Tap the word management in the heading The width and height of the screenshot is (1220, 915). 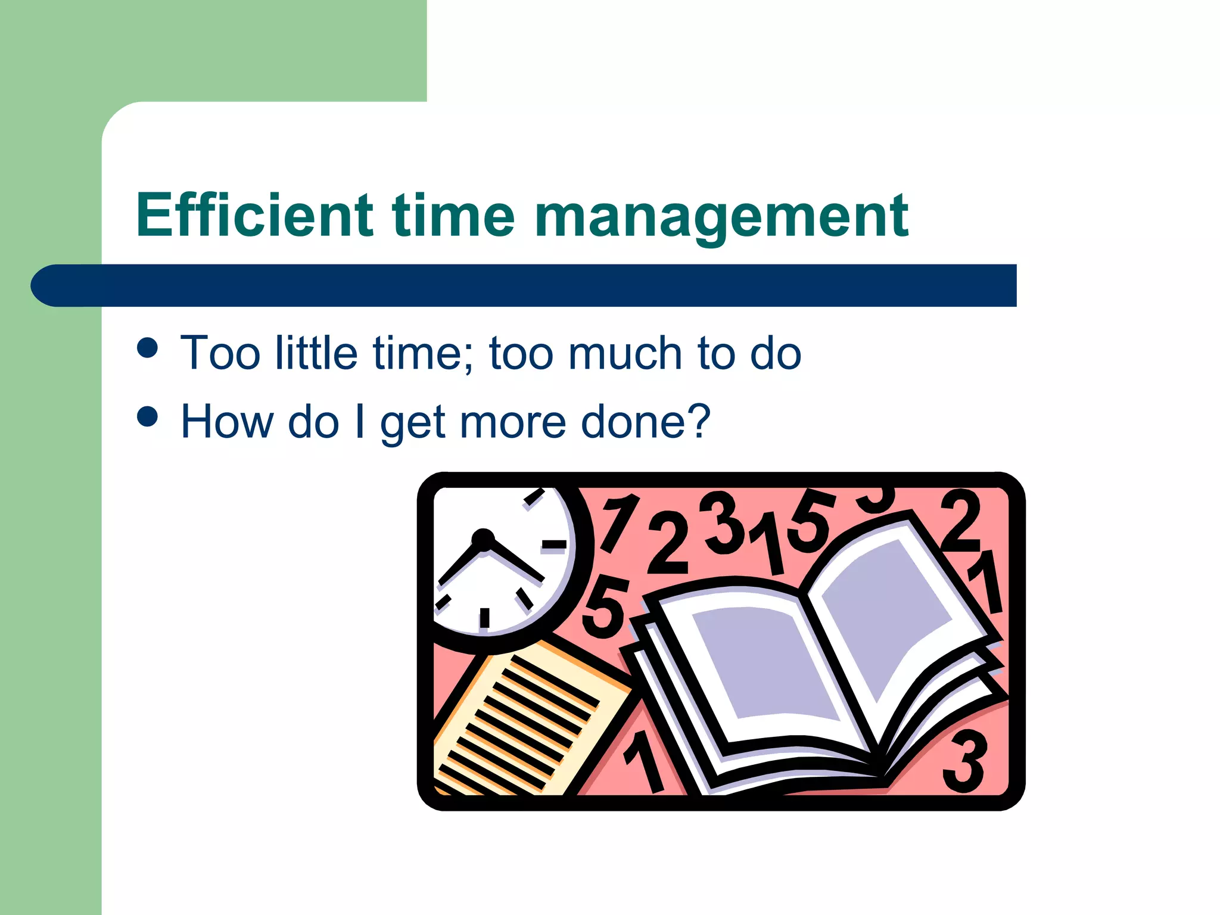[721, 217]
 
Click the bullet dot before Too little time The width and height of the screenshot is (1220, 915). [147, 348]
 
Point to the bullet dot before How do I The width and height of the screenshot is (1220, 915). [147, 416]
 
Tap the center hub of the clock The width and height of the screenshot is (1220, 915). [483, 540]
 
